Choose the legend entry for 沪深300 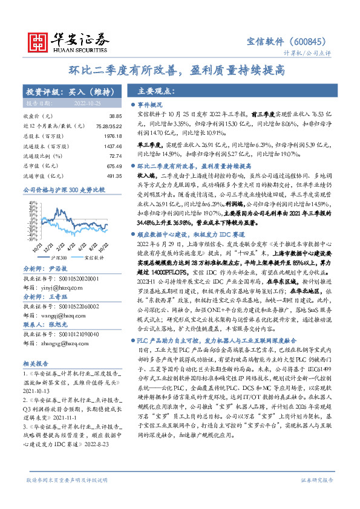tap(59, 258)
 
